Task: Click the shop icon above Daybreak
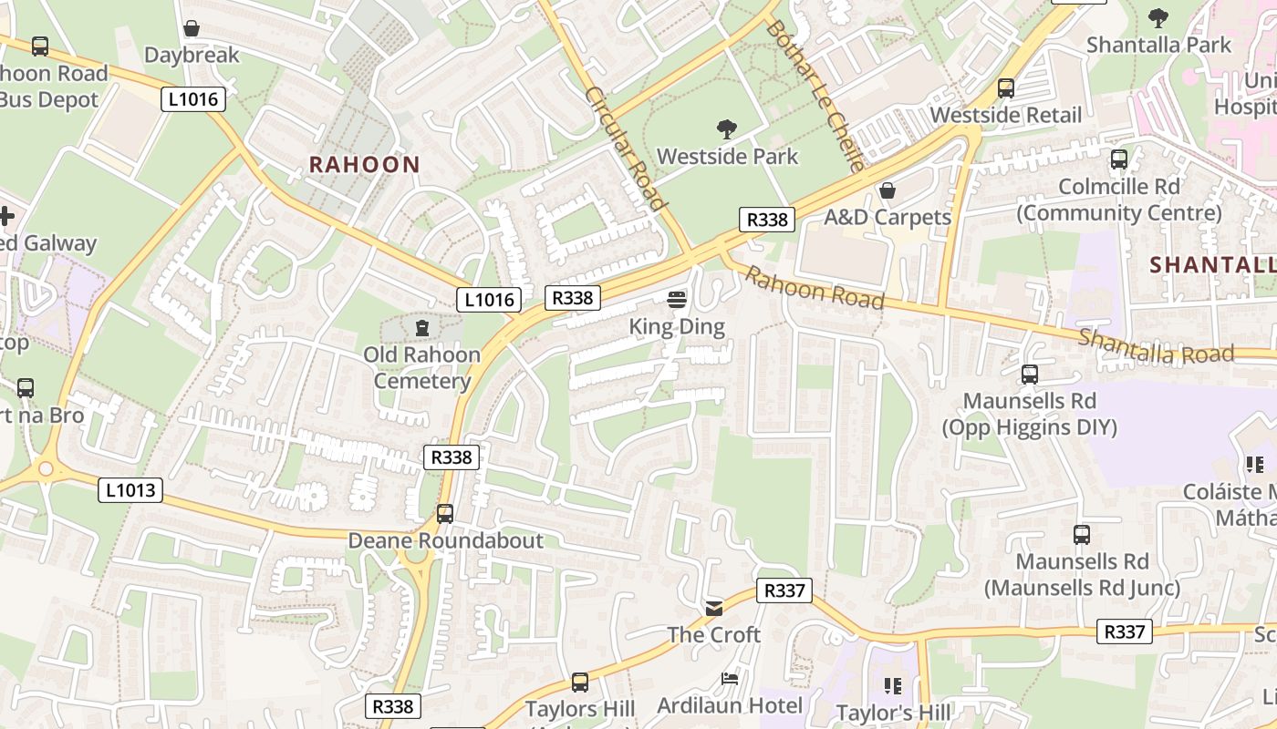(192, 28)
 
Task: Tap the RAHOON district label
(364, 165)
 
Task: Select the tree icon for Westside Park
(727, 129)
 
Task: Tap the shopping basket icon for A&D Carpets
(887, 190)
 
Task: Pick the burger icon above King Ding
(677, 299)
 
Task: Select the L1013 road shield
(130, 490)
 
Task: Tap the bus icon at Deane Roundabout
(445, 514)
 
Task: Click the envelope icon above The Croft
(714, 608)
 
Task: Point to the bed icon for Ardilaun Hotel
(730, 679)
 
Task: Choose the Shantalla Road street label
(1156, 346)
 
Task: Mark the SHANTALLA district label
(1212, 265)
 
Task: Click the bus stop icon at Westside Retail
(1006, 88)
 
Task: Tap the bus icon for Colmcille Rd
(1119, 159)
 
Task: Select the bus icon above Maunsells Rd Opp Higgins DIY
(1030, 374)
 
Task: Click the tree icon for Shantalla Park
(1158, 17)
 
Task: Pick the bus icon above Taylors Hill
(580, 682)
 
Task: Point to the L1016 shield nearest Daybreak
(193, 99)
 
